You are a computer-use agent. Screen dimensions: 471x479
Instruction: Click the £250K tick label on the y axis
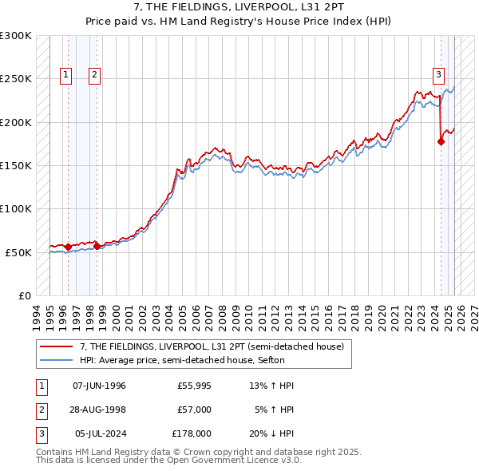click(x=16, y=79)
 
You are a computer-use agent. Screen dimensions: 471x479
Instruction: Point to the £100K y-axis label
click(x=16, y=208)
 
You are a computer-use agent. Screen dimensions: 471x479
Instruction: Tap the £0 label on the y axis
click(x=24, y=295)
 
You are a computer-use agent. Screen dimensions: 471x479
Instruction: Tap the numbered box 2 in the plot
click(x=94, y=75)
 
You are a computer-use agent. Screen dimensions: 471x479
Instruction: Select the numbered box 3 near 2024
click(x=438, y=75)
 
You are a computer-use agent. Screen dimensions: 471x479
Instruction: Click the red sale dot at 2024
click(x=441, y=141)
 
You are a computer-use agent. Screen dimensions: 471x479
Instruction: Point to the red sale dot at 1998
click(x=97, y=247)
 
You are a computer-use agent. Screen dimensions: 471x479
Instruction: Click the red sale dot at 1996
click(x=68, y=247)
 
